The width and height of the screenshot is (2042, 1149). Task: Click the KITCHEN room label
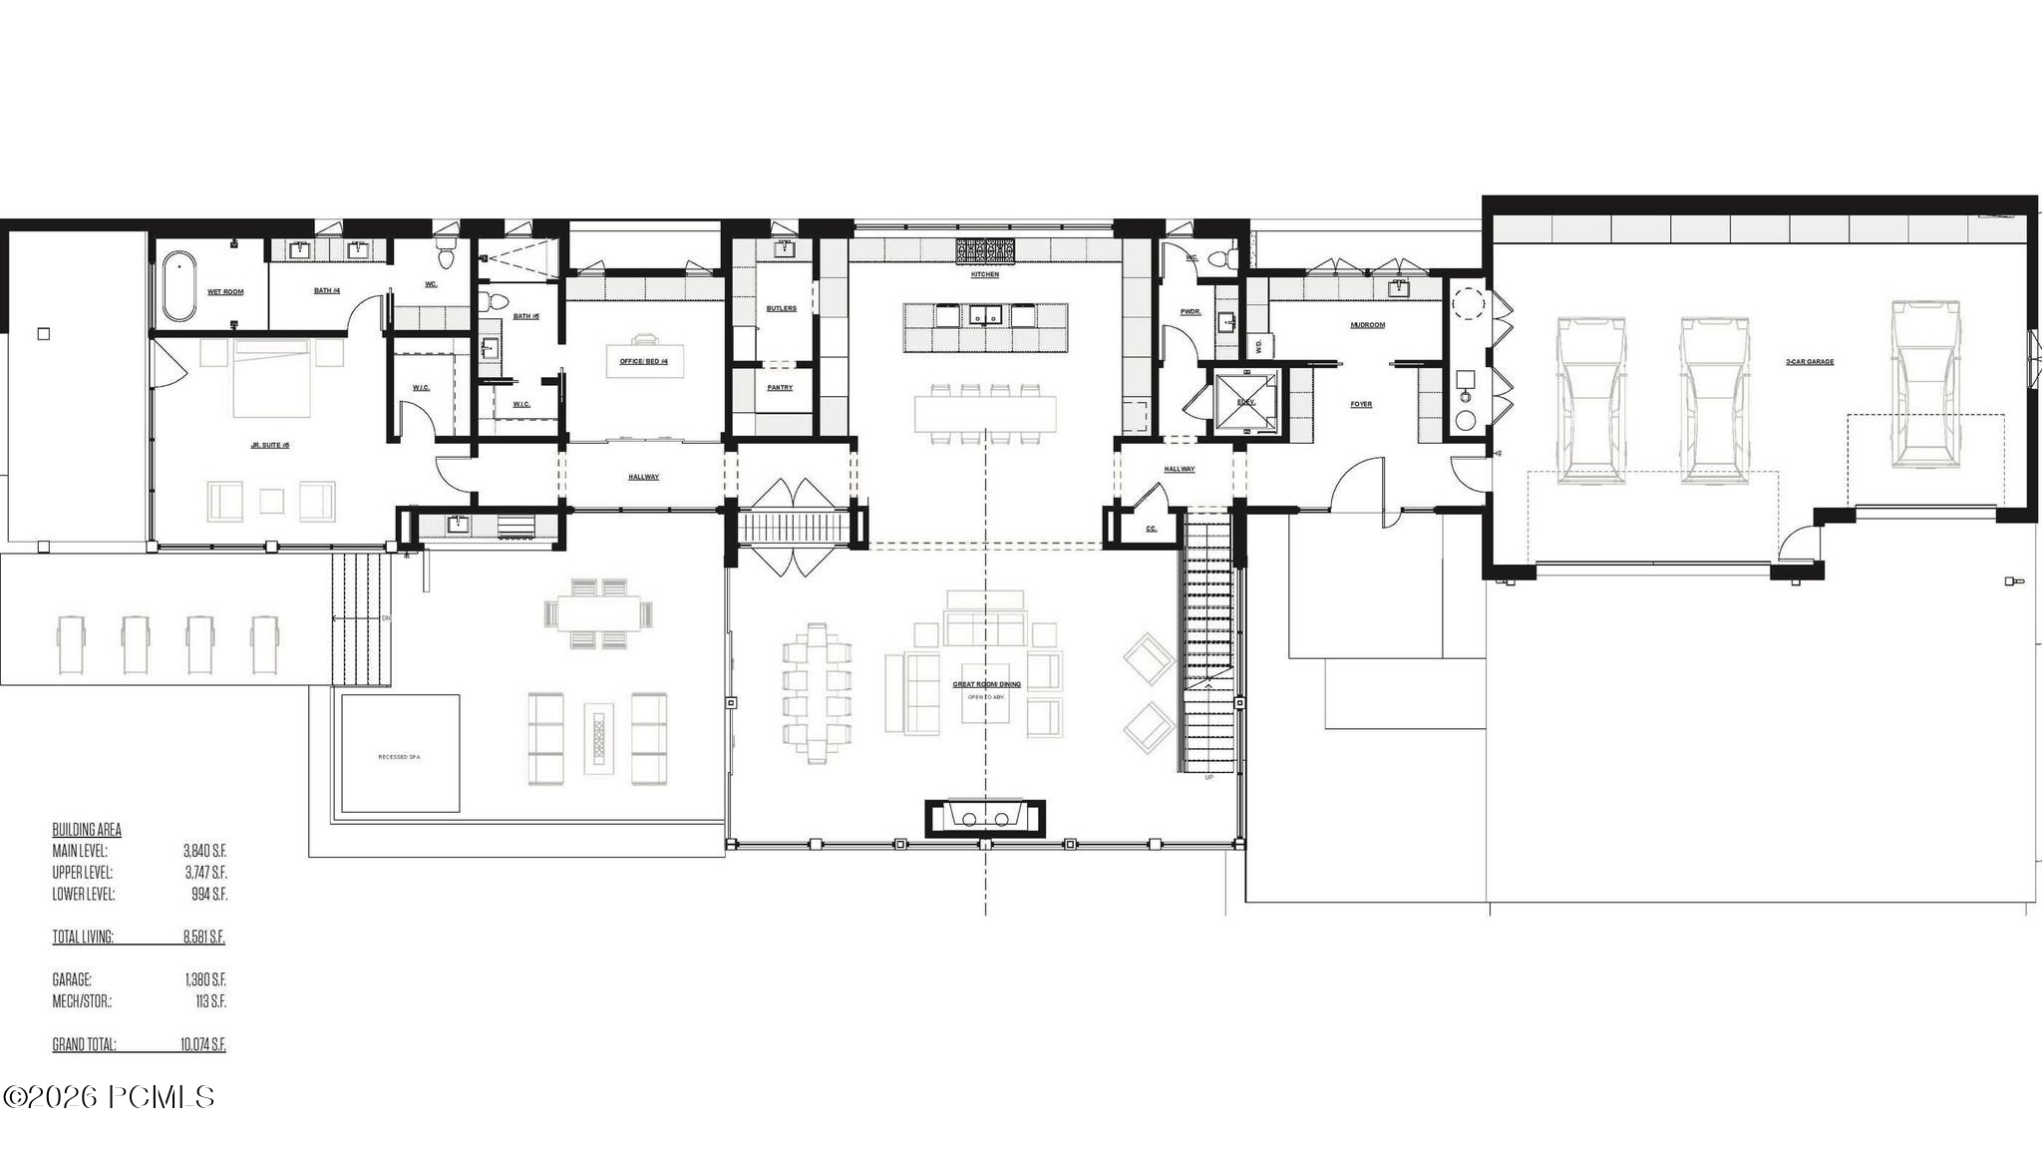(984, 274)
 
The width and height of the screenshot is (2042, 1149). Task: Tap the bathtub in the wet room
(178, 287)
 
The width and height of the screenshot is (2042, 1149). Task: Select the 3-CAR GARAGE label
(1809, 362)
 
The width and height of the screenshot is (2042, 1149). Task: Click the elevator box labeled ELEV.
(1245, 402)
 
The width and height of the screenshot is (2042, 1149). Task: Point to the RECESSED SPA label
(399, 757)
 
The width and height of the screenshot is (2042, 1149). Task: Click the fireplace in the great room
(985, 818)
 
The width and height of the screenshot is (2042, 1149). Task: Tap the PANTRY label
(780, 387)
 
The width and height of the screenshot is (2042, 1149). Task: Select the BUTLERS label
(781, 308)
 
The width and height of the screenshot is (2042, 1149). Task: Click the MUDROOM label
(1367, 324)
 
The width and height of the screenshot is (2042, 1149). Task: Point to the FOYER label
(1361, 404)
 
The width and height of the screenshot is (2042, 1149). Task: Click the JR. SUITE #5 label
(269, 445)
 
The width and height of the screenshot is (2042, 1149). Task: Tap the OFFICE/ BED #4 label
(644, 361)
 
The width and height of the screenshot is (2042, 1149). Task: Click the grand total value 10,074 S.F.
(203, 1044)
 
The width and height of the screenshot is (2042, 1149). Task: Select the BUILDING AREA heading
(87, 830)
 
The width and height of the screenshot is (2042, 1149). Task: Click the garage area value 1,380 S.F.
(205, 979)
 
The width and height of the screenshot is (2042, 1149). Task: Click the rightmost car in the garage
(1926, 384)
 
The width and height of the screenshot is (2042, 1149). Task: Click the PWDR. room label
(1191, 311)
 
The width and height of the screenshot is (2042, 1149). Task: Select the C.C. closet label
(1151, 529)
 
